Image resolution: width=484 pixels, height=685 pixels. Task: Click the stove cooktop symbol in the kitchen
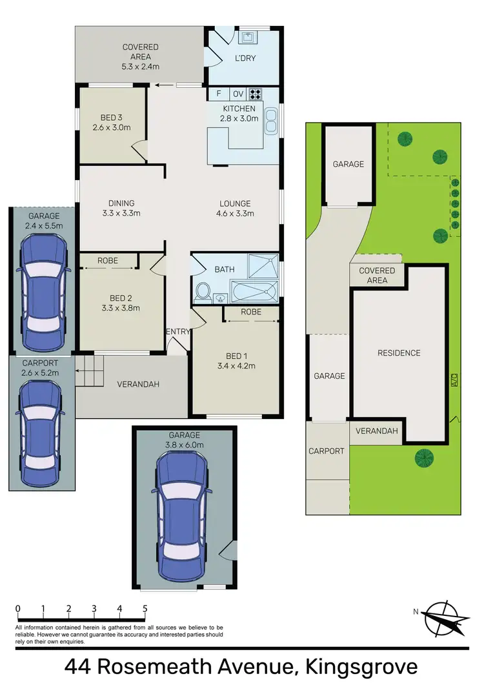coord(256,94)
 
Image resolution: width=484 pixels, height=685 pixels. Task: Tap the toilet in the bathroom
coord(203,291)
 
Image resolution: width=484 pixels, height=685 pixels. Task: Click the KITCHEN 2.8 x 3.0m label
coord(240,114)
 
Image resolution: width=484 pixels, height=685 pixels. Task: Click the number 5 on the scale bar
coord(145,608)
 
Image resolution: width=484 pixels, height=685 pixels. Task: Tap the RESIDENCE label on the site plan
coord(399,353)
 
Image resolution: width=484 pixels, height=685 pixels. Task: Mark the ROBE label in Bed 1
coord(251,311)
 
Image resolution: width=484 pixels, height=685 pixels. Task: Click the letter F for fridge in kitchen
coord(219,94)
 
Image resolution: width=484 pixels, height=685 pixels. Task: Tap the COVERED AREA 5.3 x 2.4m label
coord(140,56)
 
